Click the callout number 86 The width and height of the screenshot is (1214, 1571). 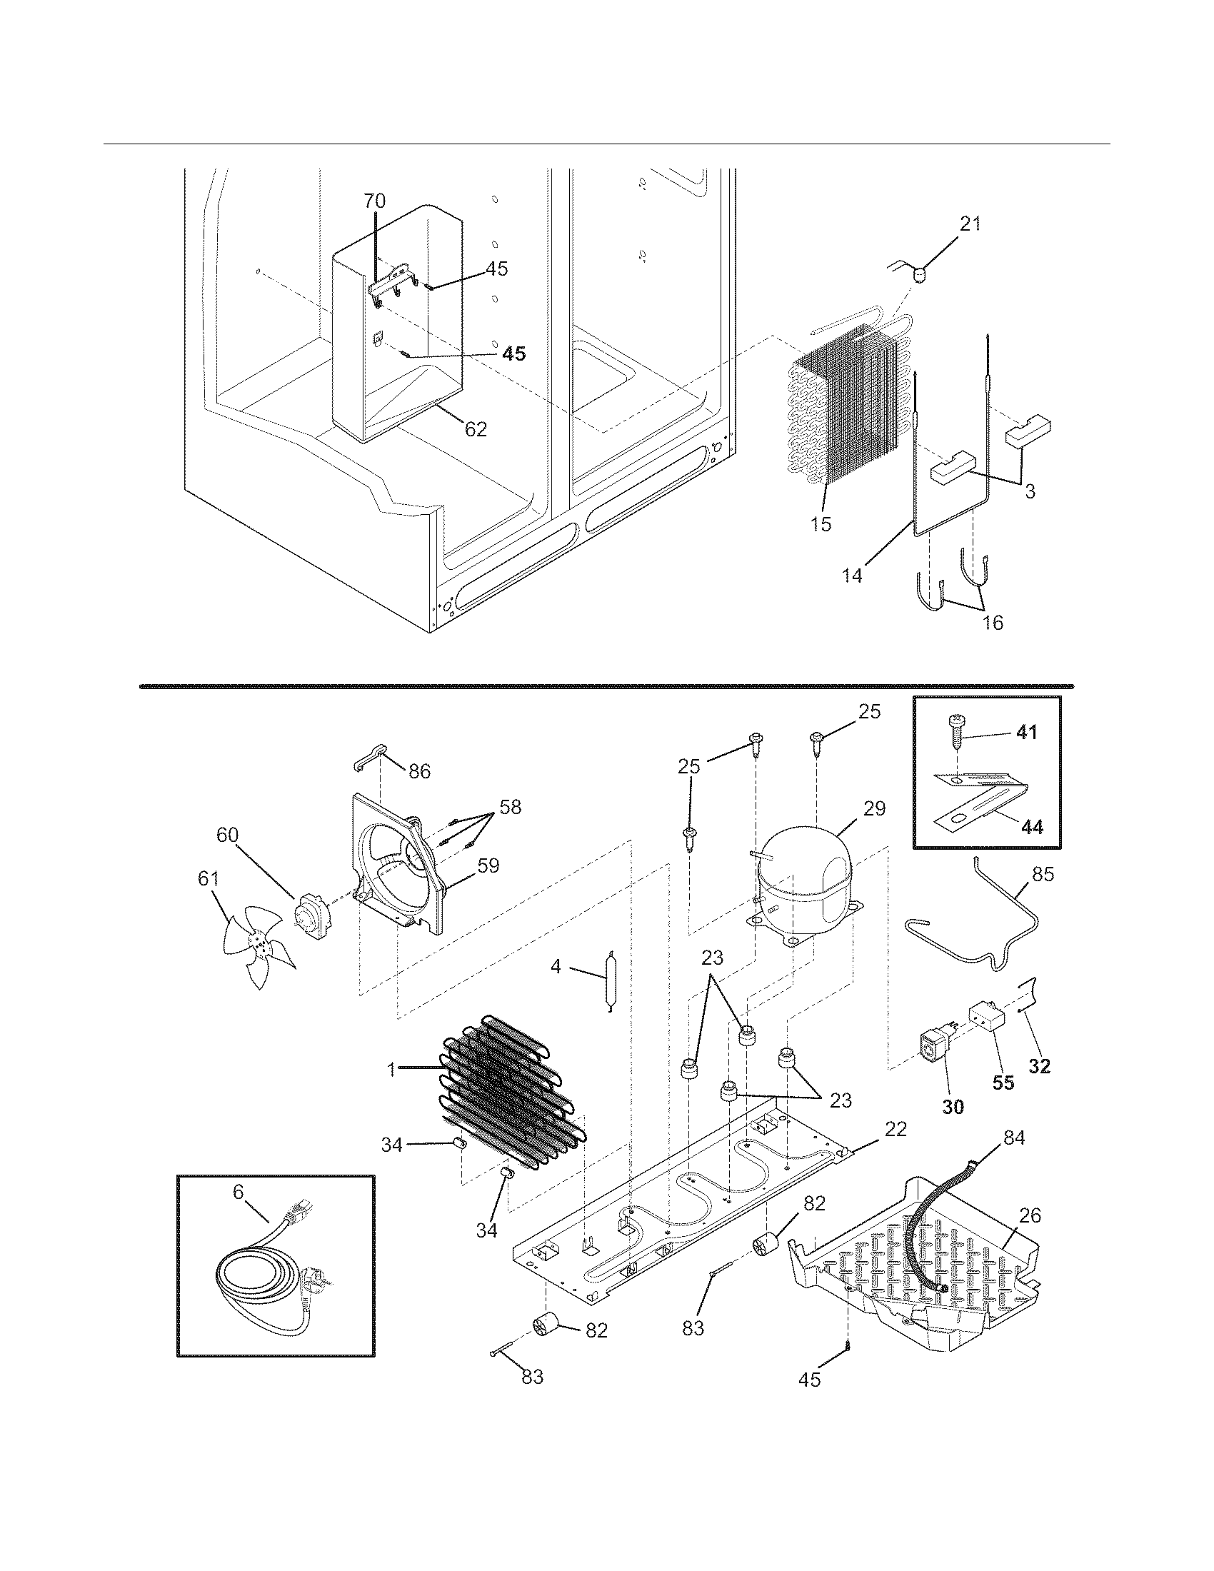[419, 772]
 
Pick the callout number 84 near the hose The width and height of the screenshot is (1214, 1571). [1014, 1138]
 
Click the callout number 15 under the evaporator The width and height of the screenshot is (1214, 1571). [820, 523]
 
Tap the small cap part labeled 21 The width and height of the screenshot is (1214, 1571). [920, 274]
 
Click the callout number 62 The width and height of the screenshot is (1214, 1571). [476, 429]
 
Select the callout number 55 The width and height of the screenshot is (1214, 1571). [1003, 1103]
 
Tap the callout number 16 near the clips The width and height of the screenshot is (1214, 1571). [992, 622]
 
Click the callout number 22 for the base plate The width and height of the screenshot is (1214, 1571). [896, 1128]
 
